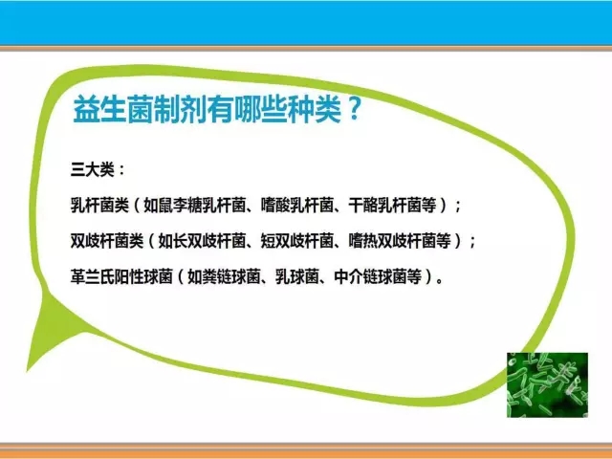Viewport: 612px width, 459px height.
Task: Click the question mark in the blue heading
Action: click(354, 109)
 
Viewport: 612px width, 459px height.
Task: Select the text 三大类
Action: click(92, 169)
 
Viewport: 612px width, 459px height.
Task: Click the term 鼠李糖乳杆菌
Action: click(202, 205)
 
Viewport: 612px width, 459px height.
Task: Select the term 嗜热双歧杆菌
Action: click(392, 240)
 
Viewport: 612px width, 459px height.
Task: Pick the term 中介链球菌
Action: click(370, 276)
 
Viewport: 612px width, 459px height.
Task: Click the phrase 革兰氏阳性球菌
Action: click(121, 276)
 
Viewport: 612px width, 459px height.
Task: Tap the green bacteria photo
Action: click(547, 384)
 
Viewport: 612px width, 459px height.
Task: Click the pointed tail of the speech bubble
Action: click(28, 370)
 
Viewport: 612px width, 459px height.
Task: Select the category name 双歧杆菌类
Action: click(107, 240)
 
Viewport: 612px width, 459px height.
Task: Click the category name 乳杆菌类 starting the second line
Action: click(99, 205)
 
